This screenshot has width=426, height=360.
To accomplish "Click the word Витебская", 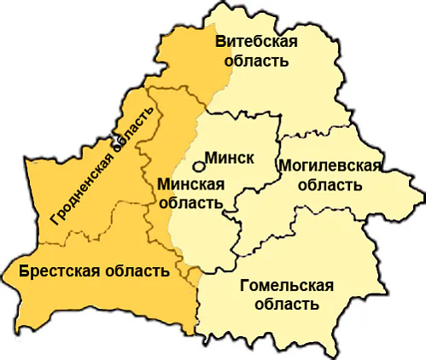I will click(x=256, y=43).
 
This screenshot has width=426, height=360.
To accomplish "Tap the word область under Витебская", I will click(x=256, y=61).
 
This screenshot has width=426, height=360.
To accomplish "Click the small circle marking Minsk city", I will click(x=198, y=168).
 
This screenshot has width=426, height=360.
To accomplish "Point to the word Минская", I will click(x=192, y=185).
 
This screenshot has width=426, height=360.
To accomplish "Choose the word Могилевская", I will click(x=329, y=165).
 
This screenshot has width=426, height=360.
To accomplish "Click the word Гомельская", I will click(x=287, y=285).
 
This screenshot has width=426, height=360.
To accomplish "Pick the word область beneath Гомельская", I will click(x=287, y=304).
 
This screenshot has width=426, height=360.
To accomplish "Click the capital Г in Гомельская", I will click(x=246, y=285).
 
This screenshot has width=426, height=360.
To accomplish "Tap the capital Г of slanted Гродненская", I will click(x=55, y=219).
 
